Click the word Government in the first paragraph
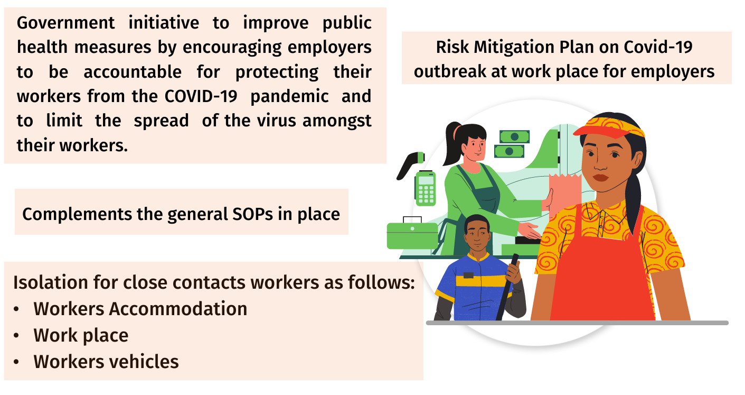coord(65,23)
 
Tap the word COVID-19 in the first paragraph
coord(201,96)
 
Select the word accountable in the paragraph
coord(133,72)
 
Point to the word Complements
coord(77,215)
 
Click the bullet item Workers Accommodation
coord(140,309)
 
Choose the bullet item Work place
coord(81,335)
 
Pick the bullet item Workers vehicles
coord(106,362)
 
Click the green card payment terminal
coord(425,188)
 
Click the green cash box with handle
coord(412,234)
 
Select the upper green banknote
coord(514,136)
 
